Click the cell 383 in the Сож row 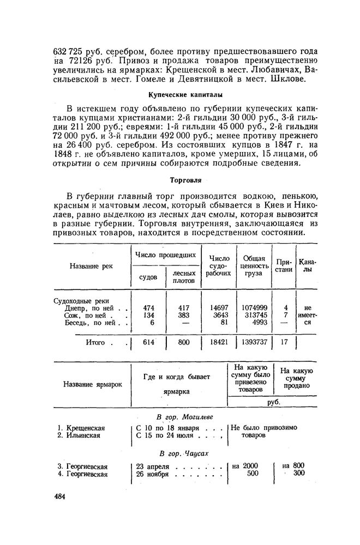pos(184,314)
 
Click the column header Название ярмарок pos(93,384)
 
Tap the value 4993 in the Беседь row pos(260,322)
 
